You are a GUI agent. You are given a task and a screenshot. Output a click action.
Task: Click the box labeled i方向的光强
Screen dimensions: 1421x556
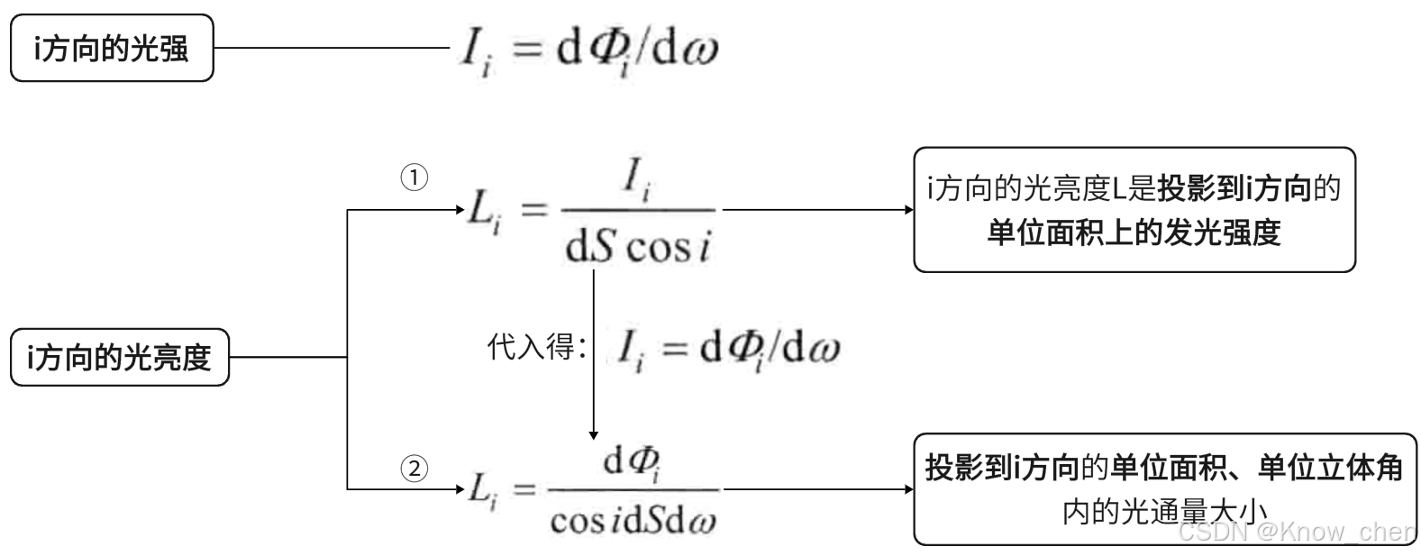pyautogui.click(x=112, y=48)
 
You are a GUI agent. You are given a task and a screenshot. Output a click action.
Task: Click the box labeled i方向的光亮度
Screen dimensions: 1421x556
pyautogui.click(x=119, y=358)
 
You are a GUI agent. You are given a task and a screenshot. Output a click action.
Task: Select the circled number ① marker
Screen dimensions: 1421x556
pyautogui.click(x=414, y=178)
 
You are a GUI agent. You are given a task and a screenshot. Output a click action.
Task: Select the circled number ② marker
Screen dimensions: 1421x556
pyautogui.click(x=414, y=469)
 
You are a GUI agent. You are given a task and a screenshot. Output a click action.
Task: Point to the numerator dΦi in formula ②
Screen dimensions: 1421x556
pyautogui.click(x=633, y=463)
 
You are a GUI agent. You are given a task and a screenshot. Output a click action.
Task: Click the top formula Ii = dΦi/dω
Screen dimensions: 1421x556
pyautogui.click(x=588, y=50)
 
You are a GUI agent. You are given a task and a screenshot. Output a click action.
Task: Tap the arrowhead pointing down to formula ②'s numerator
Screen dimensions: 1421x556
pyautogui.click(x=593, y=433)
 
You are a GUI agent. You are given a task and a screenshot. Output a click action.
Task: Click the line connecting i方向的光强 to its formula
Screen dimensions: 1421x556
pyautogui.click(x=333, y=49)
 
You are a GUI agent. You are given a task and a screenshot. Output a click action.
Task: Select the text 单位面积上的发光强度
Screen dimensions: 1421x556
pyautogui.click(x=1134, y=232)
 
